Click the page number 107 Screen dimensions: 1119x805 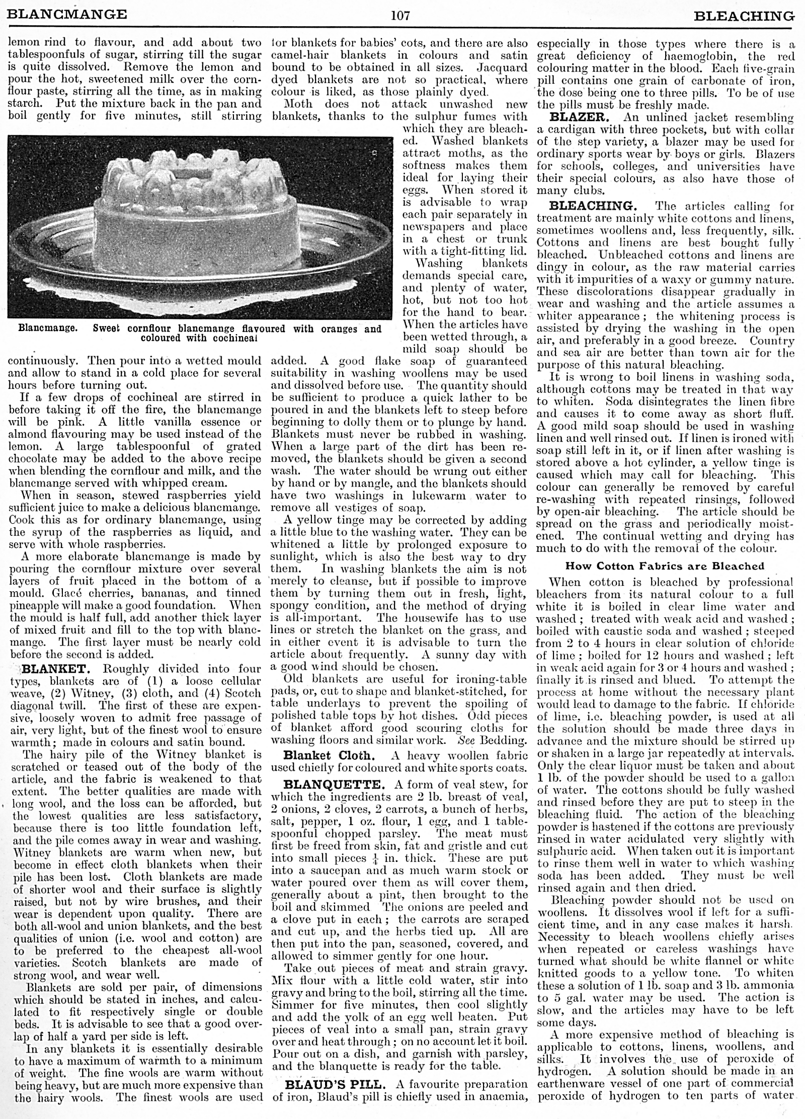tap(401, 16)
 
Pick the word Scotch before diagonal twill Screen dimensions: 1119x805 tap(236, 693)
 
